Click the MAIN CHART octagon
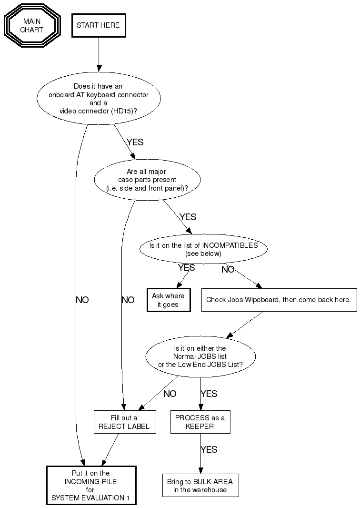(31, 26)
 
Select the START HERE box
(99, 25)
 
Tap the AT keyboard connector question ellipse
(99, 99)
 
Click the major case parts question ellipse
(148, 180)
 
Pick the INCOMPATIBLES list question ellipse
(203, 249)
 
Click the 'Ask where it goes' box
(168, 300)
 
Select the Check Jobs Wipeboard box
(279, 300)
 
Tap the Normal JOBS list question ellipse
(200, 356)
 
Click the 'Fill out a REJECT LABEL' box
(124, 422)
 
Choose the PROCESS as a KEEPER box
(200, 422)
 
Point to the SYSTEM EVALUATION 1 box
(91, 486)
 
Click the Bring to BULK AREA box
(200, 486)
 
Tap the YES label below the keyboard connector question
(135, 142)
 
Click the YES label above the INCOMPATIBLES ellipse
(188, 217)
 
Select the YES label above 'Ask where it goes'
(186, 268)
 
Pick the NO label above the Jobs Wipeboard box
(228, 270)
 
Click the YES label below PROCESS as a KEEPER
(209, 449)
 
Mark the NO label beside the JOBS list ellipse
(170, 394)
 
